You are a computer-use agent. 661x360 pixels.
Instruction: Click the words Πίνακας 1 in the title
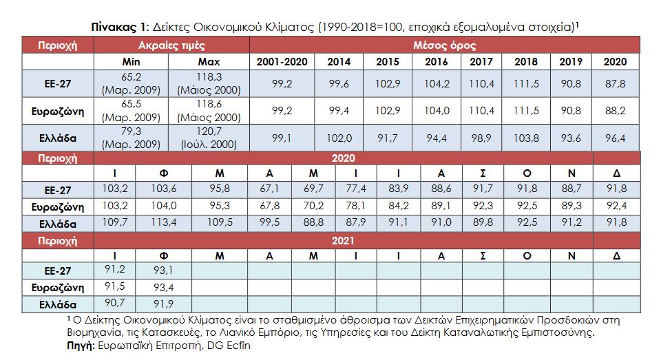[118, 26]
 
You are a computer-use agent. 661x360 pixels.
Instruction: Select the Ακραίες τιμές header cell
[170, 46]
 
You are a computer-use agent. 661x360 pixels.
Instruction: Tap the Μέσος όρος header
[444, 46]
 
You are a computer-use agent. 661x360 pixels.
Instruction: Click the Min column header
[131, 62]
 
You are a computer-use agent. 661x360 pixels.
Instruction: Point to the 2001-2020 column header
[280, 62]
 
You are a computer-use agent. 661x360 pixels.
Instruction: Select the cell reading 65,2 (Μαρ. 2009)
[131, 83]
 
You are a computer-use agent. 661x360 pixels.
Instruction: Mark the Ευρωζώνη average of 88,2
[615, 110]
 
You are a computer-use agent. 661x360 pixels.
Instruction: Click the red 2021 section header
[342, 240]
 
